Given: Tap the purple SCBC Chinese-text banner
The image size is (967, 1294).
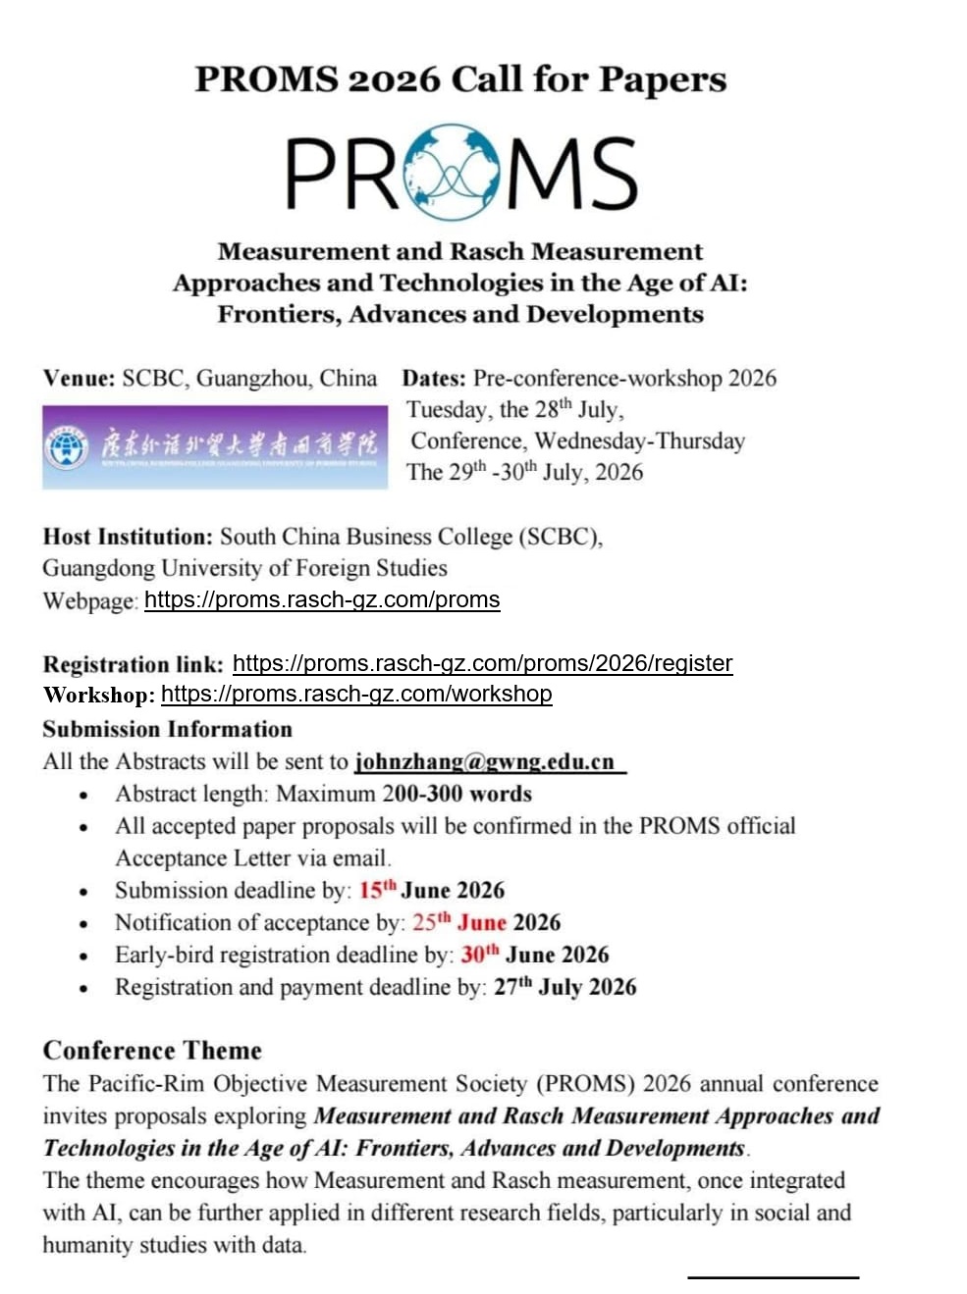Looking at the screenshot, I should click(213, 446).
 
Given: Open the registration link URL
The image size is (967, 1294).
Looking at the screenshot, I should click(482, 663).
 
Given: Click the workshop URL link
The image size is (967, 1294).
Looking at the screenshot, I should click(356, 694).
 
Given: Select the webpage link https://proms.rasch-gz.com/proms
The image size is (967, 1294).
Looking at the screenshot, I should click(322, 599).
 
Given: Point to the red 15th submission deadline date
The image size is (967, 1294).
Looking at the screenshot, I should click(377, 890).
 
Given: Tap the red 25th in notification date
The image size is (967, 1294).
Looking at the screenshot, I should click(431, 922).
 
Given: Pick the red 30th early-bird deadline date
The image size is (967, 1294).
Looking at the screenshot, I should click(479, 955).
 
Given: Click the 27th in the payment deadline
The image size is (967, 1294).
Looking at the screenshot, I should click(512, 987).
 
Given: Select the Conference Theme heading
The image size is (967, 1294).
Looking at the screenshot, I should click(152, 1051).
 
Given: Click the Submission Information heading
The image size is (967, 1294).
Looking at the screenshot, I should click(167, 729).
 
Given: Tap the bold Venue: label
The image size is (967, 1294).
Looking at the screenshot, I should click(79, 379).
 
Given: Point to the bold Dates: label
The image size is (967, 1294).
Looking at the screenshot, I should click(434, 379).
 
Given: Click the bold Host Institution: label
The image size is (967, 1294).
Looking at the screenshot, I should click(128, 537).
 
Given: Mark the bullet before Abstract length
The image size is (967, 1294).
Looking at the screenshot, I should click(84, 796).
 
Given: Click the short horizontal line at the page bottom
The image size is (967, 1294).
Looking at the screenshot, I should click(773, 1276).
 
